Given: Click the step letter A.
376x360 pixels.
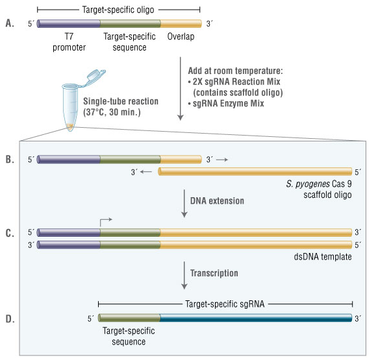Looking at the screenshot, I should click(9, 24).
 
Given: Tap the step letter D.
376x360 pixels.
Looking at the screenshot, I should click(9, 318).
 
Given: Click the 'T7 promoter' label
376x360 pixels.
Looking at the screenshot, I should click(69, 42).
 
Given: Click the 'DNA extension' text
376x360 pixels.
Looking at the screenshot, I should click(217, 201).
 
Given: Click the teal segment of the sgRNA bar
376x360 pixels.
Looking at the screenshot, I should click(257, 318).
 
